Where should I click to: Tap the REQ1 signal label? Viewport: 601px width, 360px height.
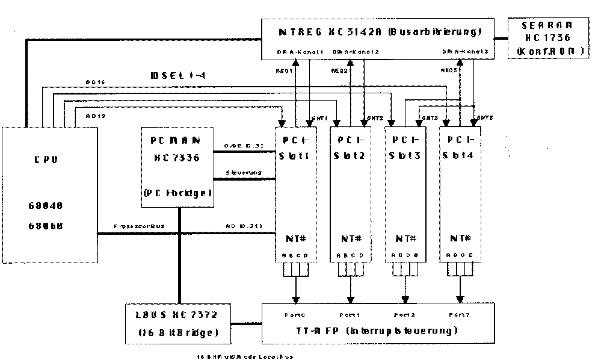(x=284, y=70)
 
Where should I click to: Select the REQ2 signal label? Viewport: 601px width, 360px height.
(x=339, y=70)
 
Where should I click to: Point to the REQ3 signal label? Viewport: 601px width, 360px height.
(x=449, y=70)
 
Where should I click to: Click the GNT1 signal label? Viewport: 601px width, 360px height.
(x=320, y=117)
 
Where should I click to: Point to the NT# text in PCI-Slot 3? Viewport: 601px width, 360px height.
(x=405, y=238)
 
